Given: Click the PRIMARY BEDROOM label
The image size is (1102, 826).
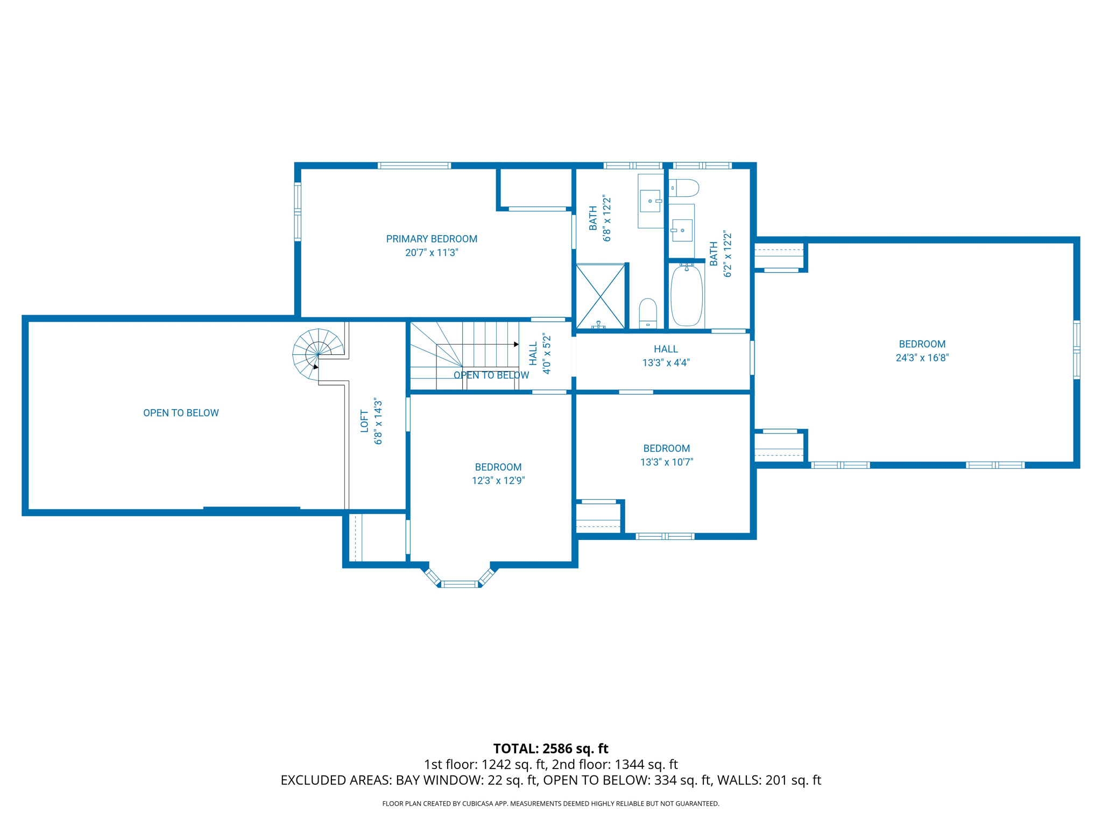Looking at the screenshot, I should pos(432,239).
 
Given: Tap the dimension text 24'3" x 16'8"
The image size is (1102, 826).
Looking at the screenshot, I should pos(922,358).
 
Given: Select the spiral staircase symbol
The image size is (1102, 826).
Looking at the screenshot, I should pos(318,354).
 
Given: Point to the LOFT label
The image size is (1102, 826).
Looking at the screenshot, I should pos(365,421).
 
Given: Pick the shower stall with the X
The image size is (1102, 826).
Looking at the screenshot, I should pos(600,296).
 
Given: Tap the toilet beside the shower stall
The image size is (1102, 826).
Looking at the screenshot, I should pos(648,313).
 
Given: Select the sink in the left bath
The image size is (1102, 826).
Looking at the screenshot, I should pos(650,201).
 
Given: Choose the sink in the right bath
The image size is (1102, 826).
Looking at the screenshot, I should pos(682,230).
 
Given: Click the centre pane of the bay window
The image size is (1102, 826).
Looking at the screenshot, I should pos(460,584).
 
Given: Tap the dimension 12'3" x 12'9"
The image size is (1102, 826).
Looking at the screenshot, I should pos(498,481).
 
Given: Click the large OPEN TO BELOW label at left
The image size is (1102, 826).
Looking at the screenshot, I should pos(181,413).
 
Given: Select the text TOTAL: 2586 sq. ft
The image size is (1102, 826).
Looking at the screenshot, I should pos(550,749).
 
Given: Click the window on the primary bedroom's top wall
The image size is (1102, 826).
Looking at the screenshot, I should pos(414,166).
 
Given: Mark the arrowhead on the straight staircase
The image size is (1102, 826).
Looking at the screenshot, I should pos(516,344).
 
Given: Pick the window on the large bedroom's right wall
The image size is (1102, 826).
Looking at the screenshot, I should pos(1077,350).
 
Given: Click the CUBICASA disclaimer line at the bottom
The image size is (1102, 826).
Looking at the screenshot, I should pos(550,804).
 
